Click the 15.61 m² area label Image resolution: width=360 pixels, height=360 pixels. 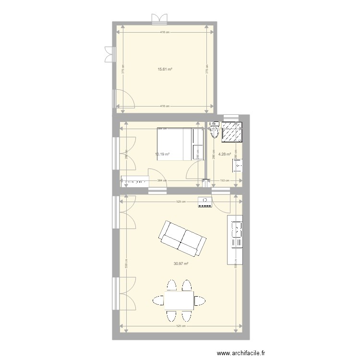(165, 69)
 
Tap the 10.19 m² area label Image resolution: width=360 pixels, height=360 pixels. (162, 155)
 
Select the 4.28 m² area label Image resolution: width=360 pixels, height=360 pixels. (224, 155)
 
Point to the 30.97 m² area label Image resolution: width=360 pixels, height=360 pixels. (180, 264)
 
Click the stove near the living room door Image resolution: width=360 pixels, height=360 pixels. (205, 202)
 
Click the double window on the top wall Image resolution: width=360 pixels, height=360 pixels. (159, 19)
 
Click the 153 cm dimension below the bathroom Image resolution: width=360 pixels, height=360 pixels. (224, 181)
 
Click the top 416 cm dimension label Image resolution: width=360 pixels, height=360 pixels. (165, 32)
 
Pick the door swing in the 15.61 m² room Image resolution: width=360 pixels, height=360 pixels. (124, 99)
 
